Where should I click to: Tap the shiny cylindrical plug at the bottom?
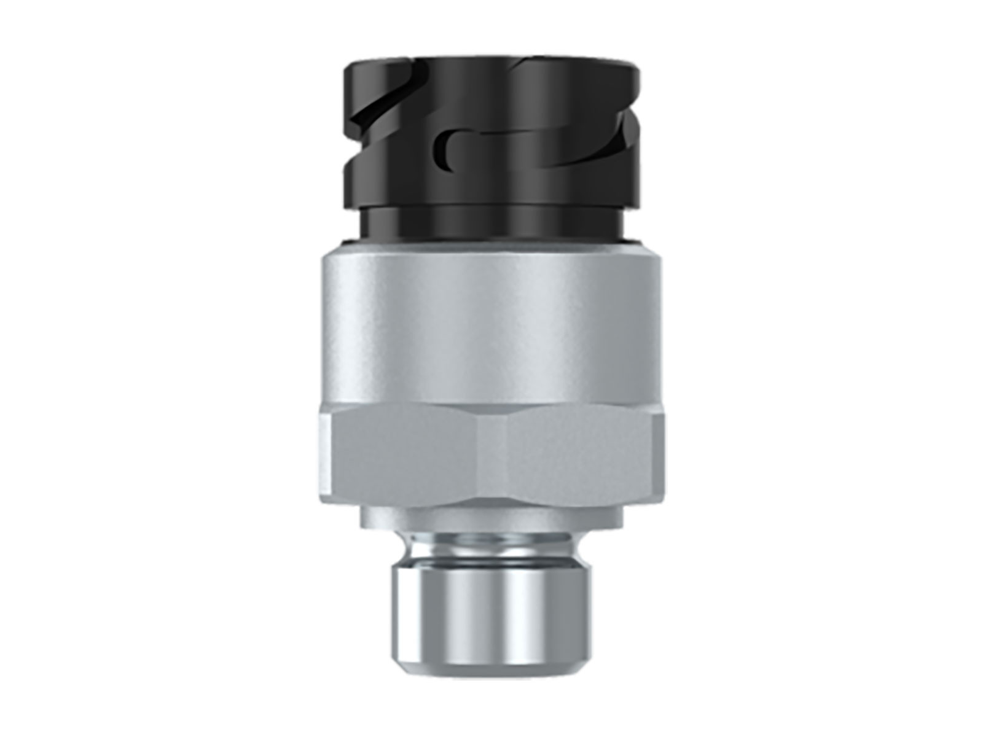pyautogui.click(x=491, y=608)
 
